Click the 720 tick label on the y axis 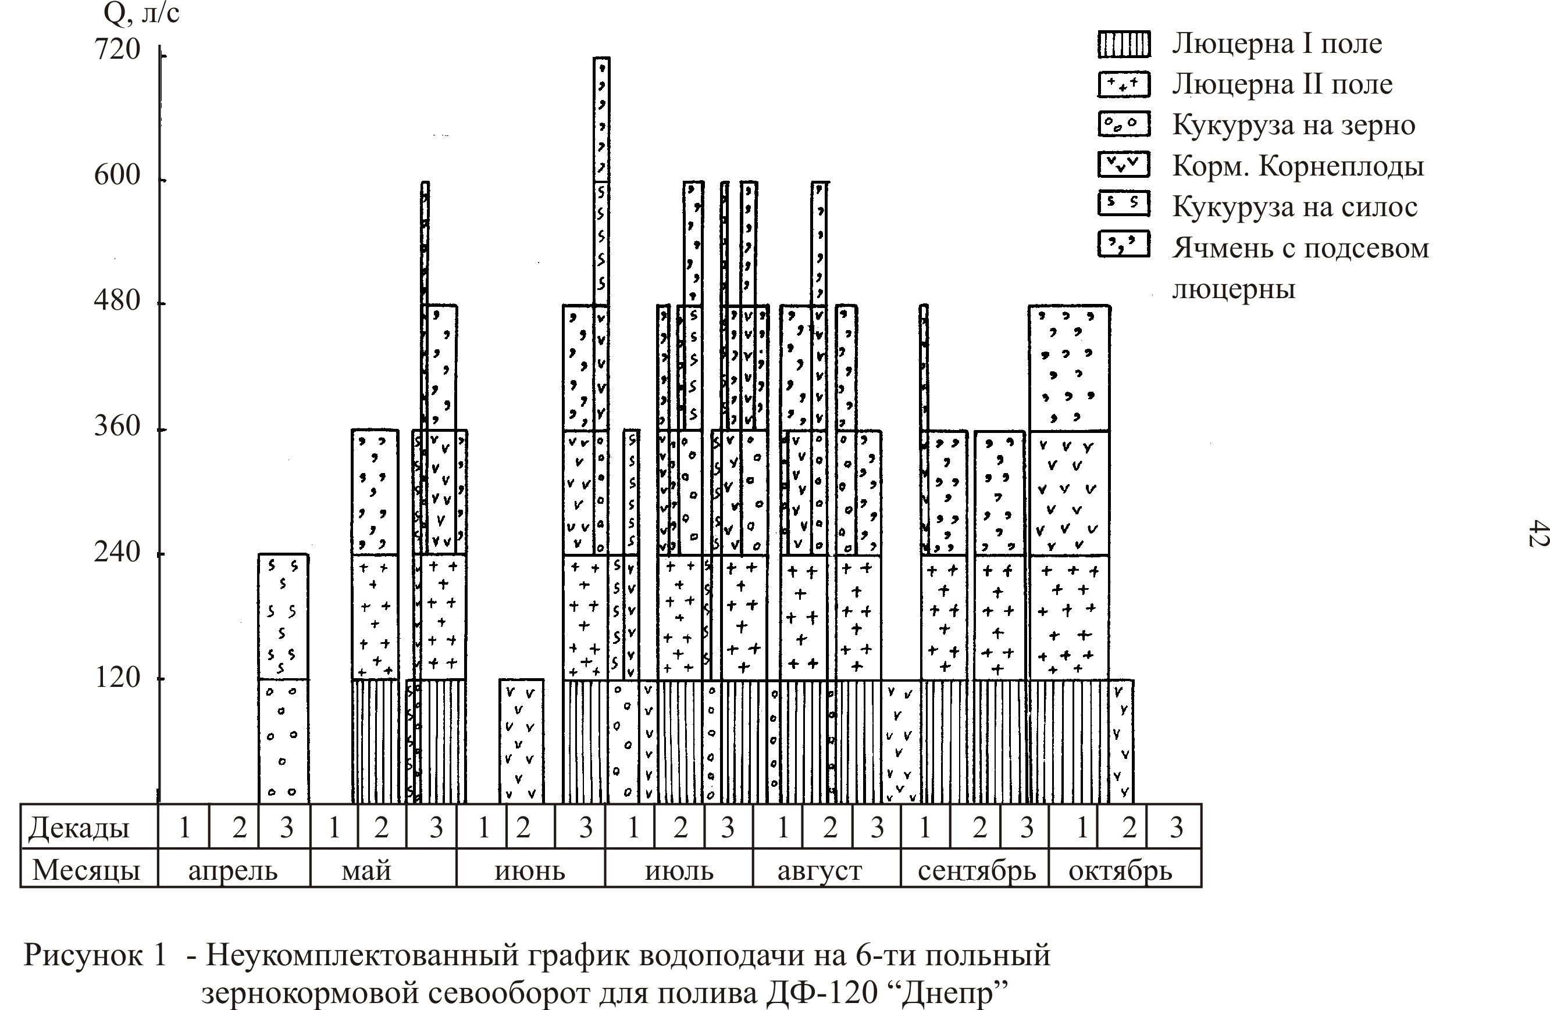117,49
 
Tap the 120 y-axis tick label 118,678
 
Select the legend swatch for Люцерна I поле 1124,44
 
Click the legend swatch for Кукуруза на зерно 1124,124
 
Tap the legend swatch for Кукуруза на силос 1124,204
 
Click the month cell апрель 234,868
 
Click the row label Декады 79,828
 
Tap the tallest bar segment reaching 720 601,119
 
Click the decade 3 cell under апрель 284,826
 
